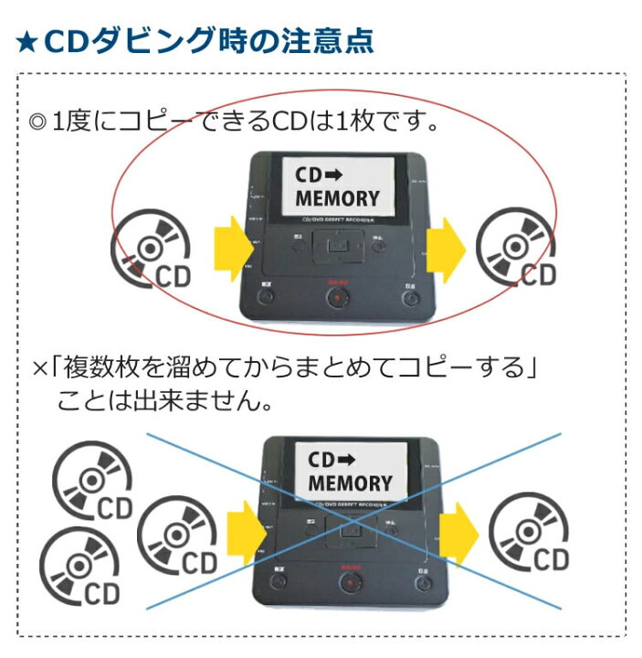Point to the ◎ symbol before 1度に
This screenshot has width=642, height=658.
(37, 121)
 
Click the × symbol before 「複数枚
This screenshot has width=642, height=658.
(39, 370)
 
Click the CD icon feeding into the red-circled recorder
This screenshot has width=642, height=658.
(152, 246)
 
